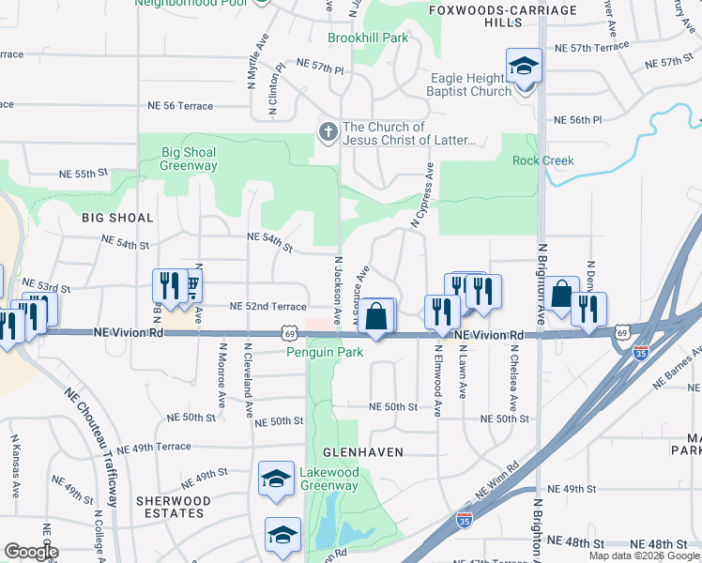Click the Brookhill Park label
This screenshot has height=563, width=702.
click(368, 38)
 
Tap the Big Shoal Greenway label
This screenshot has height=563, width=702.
click(189, 159)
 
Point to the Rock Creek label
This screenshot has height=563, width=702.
click(542, 160)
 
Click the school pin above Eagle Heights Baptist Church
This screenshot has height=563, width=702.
click(524, 67)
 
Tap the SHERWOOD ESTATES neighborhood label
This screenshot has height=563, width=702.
click(169, 507)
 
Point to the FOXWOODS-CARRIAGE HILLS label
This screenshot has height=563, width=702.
click(488, 16)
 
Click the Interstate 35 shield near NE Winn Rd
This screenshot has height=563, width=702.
click(464, 518)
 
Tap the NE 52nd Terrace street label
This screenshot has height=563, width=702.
click(268, 307)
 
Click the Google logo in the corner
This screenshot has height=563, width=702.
click(31, 552)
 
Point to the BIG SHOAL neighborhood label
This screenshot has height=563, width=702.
click(117, 218)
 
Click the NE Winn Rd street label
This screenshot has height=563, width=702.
click(497, 479)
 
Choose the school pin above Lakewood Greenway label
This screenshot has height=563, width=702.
click(276, 479)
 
